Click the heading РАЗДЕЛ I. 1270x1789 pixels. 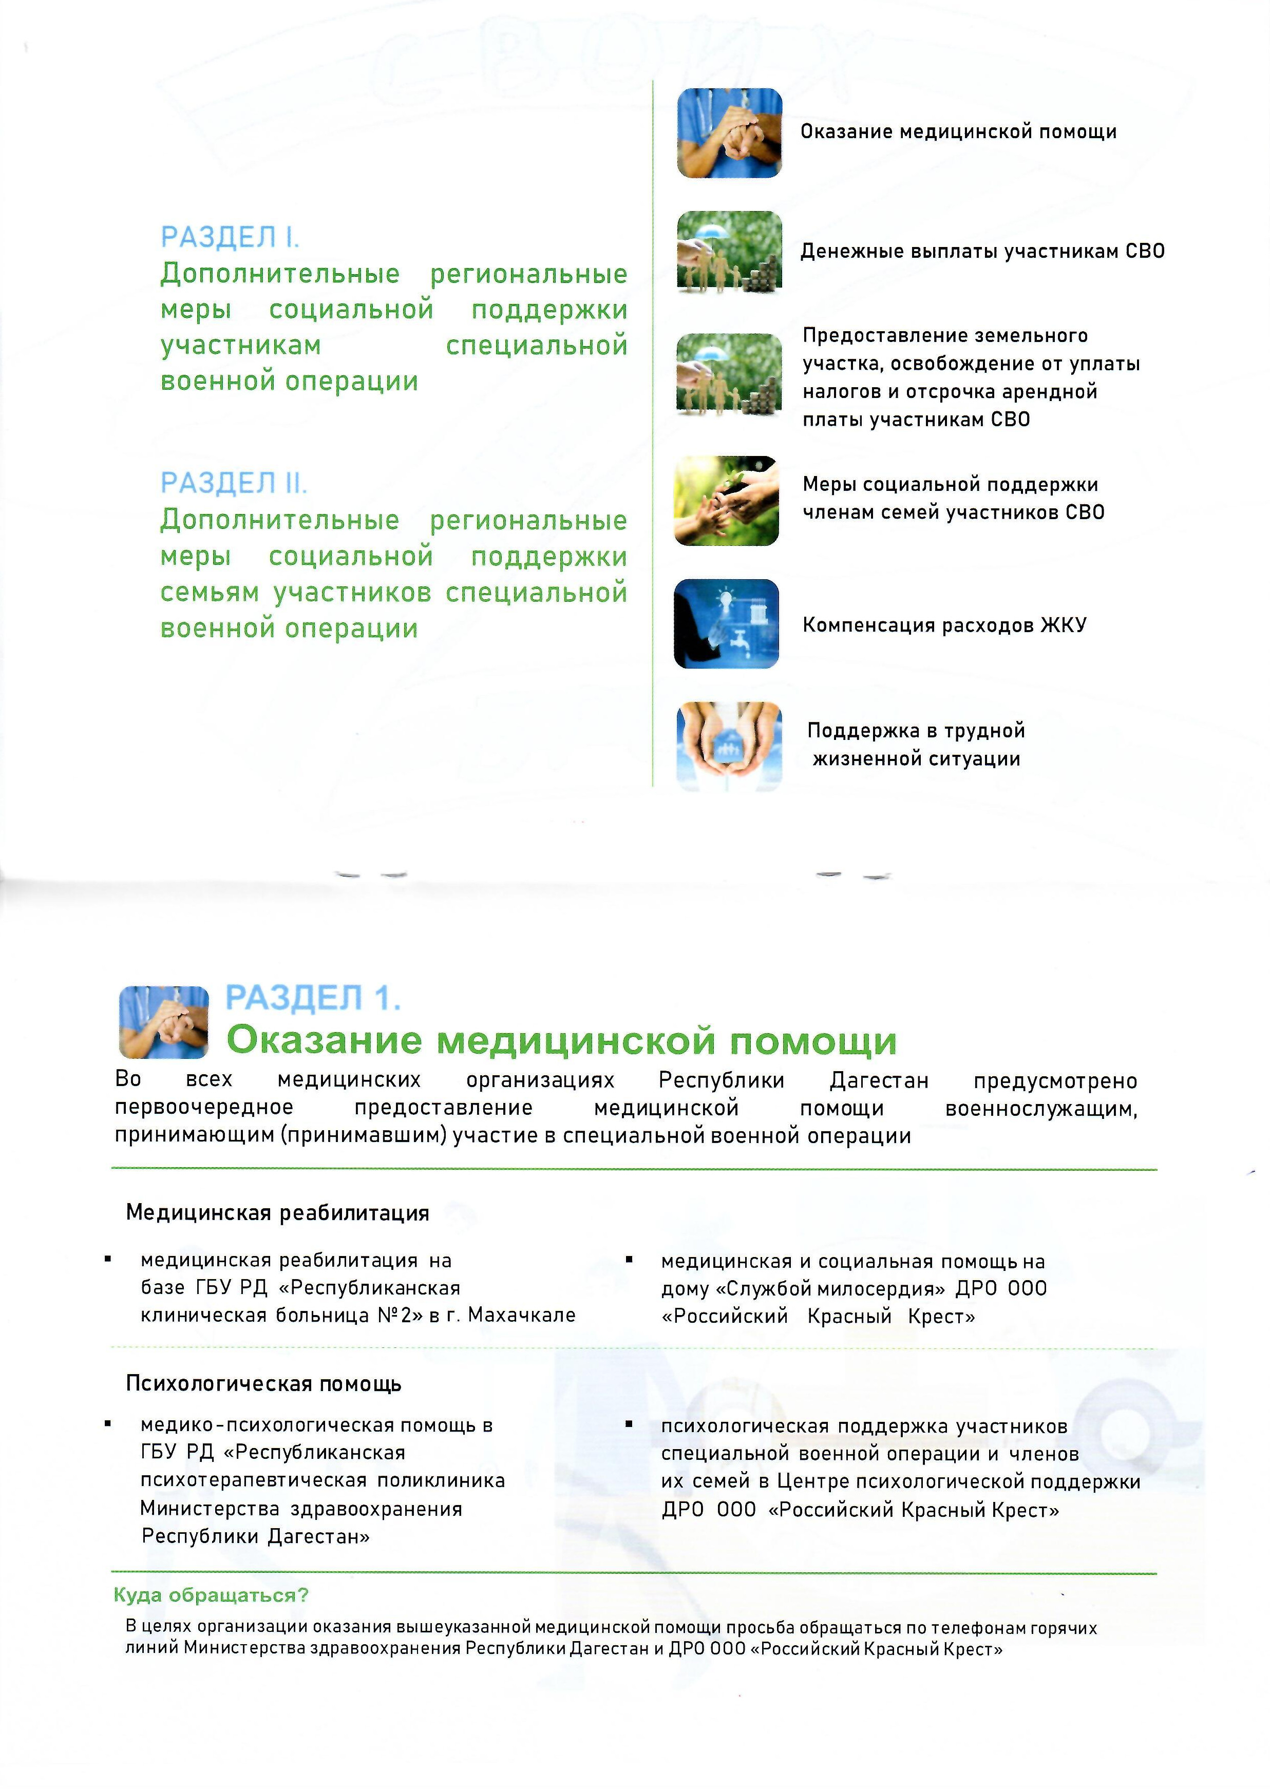[x=230, y=237]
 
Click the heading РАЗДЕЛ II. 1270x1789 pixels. [x=234, y=483]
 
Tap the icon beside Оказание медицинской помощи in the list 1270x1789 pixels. [x=729, y=133]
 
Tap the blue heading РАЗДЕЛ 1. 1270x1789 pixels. [x=313, y=999]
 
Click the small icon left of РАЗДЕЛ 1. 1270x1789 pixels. [x=163, y=1022]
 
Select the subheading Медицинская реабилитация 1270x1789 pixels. [x=278, y=1213]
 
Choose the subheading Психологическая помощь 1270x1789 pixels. [x=263, y=1383]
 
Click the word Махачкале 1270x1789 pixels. [x=522, y=1315]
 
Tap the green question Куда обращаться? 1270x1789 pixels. [x=211, y=1594]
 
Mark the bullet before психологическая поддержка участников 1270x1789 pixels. [x=628, y=1424]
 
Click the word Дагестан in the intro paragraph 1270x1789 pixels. [x=879, y=1080]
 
